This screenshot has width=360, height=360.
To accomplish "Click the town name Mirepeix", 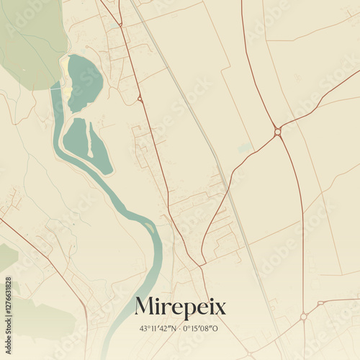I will [180, 307].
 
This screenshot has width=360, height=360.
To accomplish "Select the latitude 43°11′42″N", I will [158, 328].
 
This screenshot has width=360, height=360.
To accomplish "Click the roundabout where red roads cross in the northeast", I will [277, 132].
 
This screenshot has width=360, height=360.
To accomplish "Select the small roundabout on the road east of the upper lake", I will [140, 98].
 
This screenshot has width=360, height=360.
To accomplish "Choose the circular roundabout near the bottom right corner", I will [304, 316].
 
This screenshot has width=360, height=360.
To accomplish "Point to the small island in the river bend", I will [149, 230].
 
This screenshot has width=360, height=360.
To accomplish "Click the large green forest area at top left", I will [29, 40].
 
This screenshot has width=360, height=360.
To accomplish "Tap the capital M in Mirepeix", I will [144, 307].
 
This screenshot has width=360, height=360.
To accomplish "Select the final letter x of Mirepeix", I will [220, 309].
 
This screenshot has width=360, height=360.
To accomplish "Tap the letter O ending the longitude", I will [215, 328].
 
